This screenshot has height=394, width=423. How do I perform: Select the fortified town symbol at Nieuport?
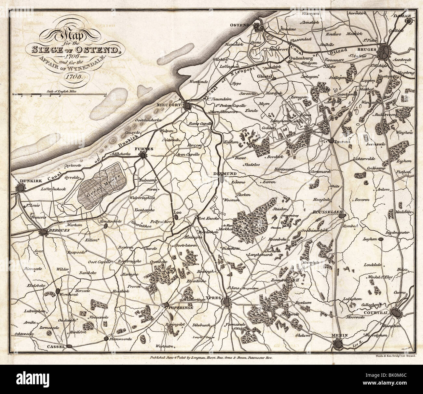[x=187, y=105]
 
